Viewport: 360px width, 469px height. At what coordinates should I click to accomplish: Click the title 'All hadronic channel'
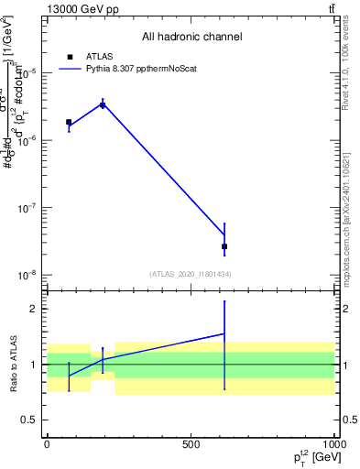pyautogui.click(x=191, y=38)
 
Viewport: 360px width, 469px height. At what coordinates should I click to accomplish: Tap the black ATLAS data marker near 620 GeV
pyautogui.click(x=224, y=246)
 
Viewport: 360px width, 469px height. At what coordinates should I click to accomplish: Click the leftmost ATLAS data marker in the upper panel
pyautogui.click(x=69, y=122)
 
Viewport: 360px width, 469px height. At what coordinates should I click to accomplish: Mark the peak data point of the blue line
pyautogui.click(x=103, y=104)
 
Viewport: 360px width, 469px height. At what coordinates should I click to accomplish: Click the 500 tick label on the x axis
pyautogui.click(x=191, y=442)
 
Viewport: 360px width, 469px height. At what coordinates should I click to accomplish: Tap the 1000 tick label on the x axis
pyautogui.click(x=333, y=442)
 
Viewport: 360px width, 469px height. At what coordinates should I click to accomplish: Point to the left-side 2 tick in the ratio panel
pyautogui.click(x=34, y=309)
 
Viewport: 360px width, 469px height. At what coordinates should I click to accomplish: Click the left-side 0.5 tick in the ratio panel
pyautogui.click(x=30, y=420)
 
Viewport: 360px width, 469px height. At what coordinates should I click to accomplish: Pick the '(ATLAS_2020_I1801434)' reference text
pyautogui.click(x=191, y=274)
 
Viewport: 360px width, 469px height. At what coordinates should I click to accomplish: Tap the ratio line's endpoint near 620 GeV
pyautogui.click(x=224, y=333)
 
